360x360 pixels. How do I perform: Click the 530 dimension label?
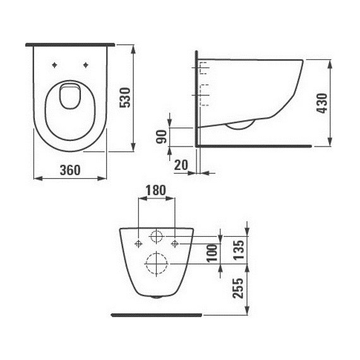coord(125,98)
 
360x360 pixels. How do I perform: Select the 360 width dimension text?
coord(70,170)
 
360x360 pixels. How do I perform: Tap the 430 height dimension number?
coord(321,102)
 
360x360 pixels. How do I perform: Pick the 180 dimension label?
coord(155,189)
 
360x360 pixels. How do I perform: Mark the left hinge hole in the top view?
coord(56,64)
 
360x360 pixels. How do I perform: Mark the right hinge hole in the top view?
coord(85,64)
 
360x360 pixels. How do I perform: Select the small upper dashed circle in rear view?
coord(156,237)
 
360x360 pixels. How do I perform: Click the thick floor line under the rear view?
coord(155,313)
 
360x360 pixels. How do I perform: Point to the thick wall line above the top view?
coord(70,45)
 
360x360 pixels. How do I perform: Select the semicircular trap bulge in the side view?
coord(240,125)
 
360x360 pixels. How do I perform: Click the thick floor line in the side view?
coord(253,145)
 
